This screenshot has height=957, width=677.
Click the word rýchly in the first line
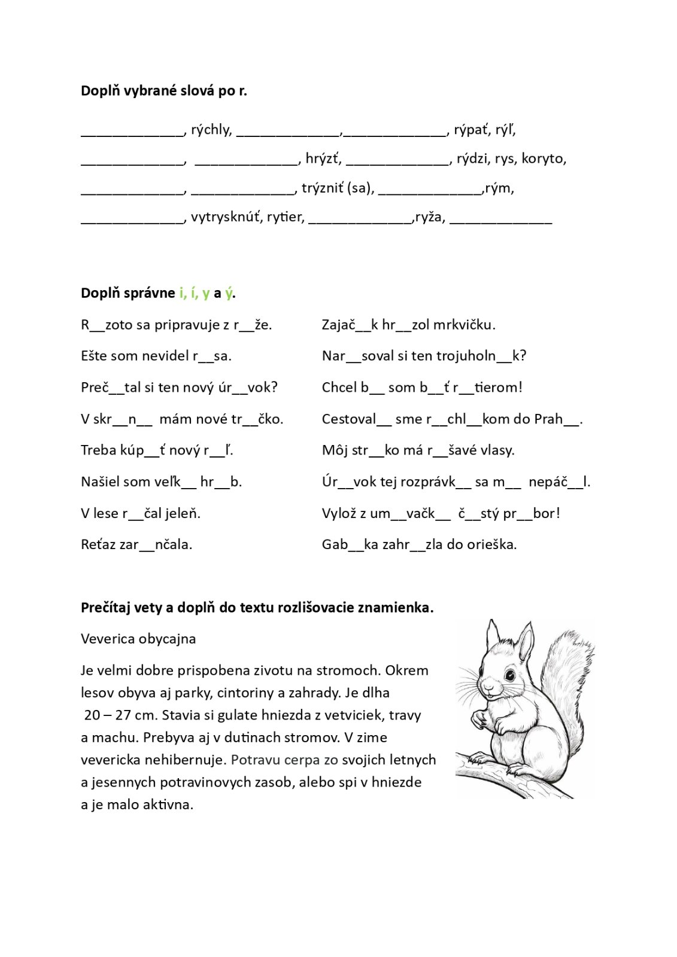[211, 130]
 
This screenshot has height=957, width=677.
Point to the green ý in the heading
[229, 293]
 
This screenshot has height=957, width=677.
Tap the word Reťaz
[98, 544]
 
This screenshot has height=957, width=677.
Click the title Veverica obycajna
[138, 639]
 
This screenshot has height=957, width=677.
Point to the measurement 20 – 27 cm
[120, 715]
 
